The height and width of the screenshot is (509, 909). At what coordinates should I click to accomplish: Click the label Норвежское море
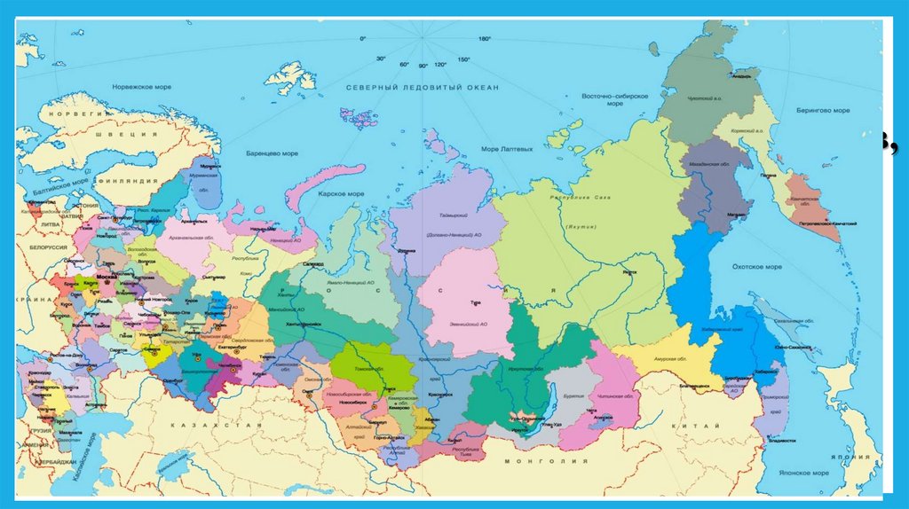point(141,87)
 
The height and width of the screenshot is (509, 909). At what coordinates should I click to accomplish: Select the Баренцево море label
point(273,153)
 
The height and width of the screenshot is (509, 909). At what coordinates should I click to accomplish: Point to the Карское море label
point(343,193)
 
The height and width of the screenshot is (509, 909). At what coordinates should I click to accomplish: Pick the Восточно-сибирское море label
point(614,99)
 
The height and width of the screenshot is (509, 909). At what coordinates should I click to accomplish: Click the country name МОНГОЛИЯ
point(534,462)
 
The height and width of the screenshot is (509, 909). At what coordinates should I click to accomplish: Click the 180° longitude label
point(485,39)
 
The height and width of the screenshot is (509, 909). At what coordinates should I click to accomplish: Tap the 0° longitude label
point(362,39)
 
